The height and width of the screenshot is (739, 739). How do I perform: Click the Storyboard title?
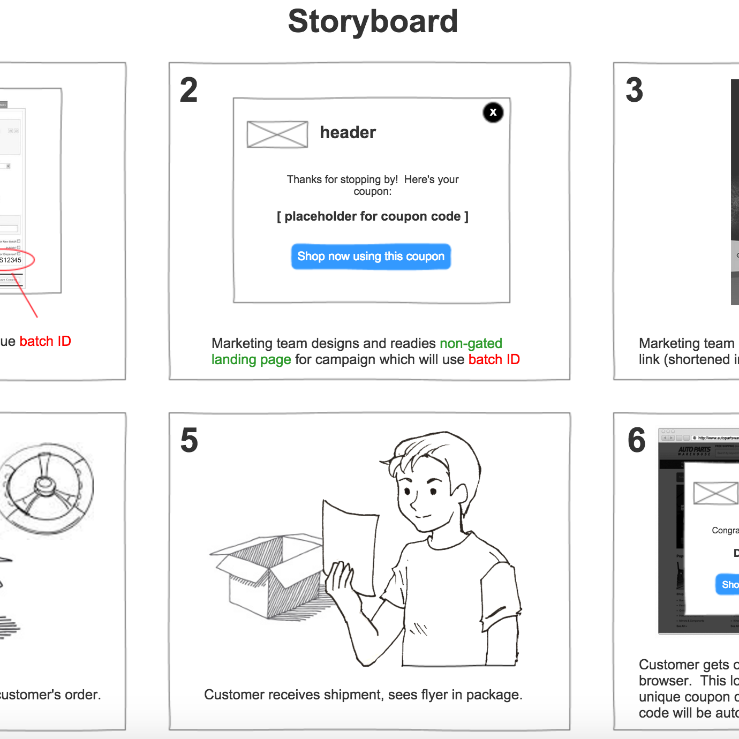[373, 21]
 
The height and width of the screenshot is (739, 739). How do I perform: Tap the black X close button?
[493, 112]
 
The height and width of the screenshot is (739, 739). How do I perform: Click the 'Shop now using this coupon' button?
[371, 257]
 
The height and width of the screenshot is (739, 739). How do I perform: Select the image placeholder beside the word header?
[277, 134]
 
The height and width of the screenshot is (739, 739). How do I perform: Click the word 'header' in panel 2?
[348, 133]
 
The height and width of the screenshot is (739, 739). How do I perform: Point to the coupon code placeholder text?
[373, 216]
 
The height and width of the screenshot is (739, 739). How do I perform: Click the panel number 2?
[188, 90]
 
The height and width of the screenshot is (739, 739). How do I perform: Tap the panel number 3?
[635, 90]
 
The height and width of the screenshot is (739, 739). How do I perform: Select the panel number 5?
[189, 440]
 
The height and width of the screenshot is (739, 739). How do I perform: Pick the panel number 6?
[637, 440]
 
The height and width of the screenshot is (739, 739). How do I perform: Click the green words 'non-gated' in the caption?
[471, 343]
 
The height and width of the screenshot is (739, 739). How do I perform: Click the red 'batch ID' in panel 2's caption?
[494, 359]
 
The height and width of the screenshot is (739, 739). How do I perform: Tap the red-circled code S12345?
[11, 260]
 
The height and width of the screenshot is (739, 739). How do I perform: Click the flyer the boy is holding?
[351, 541]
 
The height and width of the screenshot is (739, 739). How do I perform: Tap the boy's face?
[423, 493]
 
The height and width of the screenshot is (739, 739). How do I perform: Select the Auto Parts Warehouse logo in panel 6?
[694, 451]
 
